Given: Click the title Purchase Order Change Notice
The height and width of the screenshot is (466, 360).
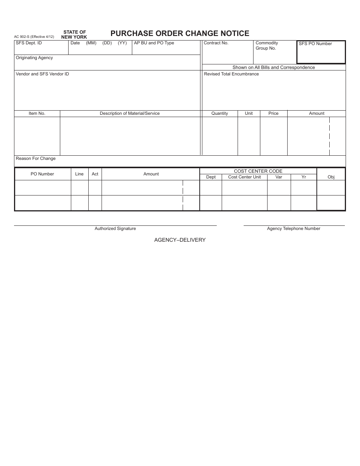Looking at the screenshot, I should tap(180, 33).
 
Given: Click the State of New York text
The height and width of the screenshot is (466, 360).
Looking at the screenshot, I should tap(74, 34).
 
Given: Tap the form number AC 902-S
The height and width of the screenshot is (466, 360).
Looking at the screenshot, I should tap(34, 37).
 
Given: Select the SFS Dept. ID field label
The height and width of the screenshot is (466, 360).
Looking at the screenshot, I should tap(29, 43).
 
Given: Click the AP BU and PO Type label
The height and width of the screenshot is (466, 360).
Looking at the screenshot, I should tap(154, 43).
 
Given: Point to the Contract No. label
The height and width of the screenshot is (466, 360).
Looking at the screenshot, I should tap(216, 43).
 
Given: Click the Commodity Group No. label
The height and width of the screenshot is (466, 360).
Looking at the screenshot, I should tap(267, 45).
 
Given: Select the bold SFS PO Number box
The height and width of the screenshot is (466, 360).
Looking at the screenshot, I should tap(321, 52).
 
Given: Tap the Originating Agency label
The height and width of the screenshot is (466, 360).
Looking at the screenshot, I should tap(34, 58).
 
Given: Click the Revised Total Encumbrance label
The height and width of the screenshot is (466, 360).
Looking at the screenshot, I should tap(231, 74).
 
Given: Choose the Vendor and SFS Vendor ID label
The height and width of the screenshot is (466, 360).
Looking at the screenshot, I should tap(42, 74).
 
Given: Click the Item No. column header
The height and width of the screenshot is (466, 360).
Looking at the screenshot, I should tap(37, 114).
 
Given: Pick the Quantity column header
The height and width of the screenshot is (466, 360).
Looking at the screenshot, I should tap(220, 114).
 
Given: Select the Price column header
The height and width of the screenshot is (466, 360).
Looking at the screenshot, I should tap(273, 114).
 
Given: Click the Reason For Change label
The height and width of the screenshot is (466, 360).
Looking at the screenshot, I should tap(36, 159).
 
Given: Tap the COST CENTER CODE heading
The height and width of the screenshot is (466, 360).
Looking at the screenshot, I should tap(258, 171).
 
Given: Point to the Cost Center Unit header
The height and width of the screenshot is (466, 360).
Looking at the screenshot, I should tap(244, 177).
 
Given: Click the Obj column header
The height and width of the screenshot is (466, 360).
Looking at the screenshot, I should tap(331, 177).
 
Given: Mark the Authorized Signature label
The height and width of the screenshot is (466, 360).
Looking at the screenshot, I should tap(115, 229).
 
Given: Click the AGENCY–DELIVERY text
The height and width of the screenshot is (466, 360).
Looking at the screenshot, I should tap(180, 240).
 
